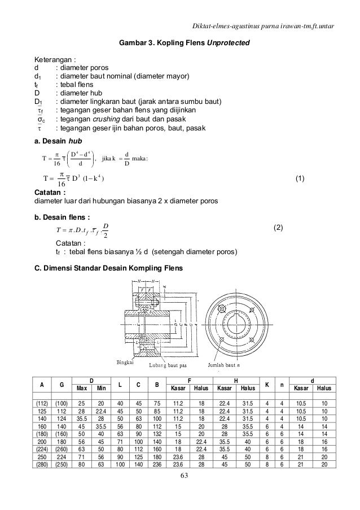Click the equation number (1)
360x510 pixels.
[300, 179]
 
